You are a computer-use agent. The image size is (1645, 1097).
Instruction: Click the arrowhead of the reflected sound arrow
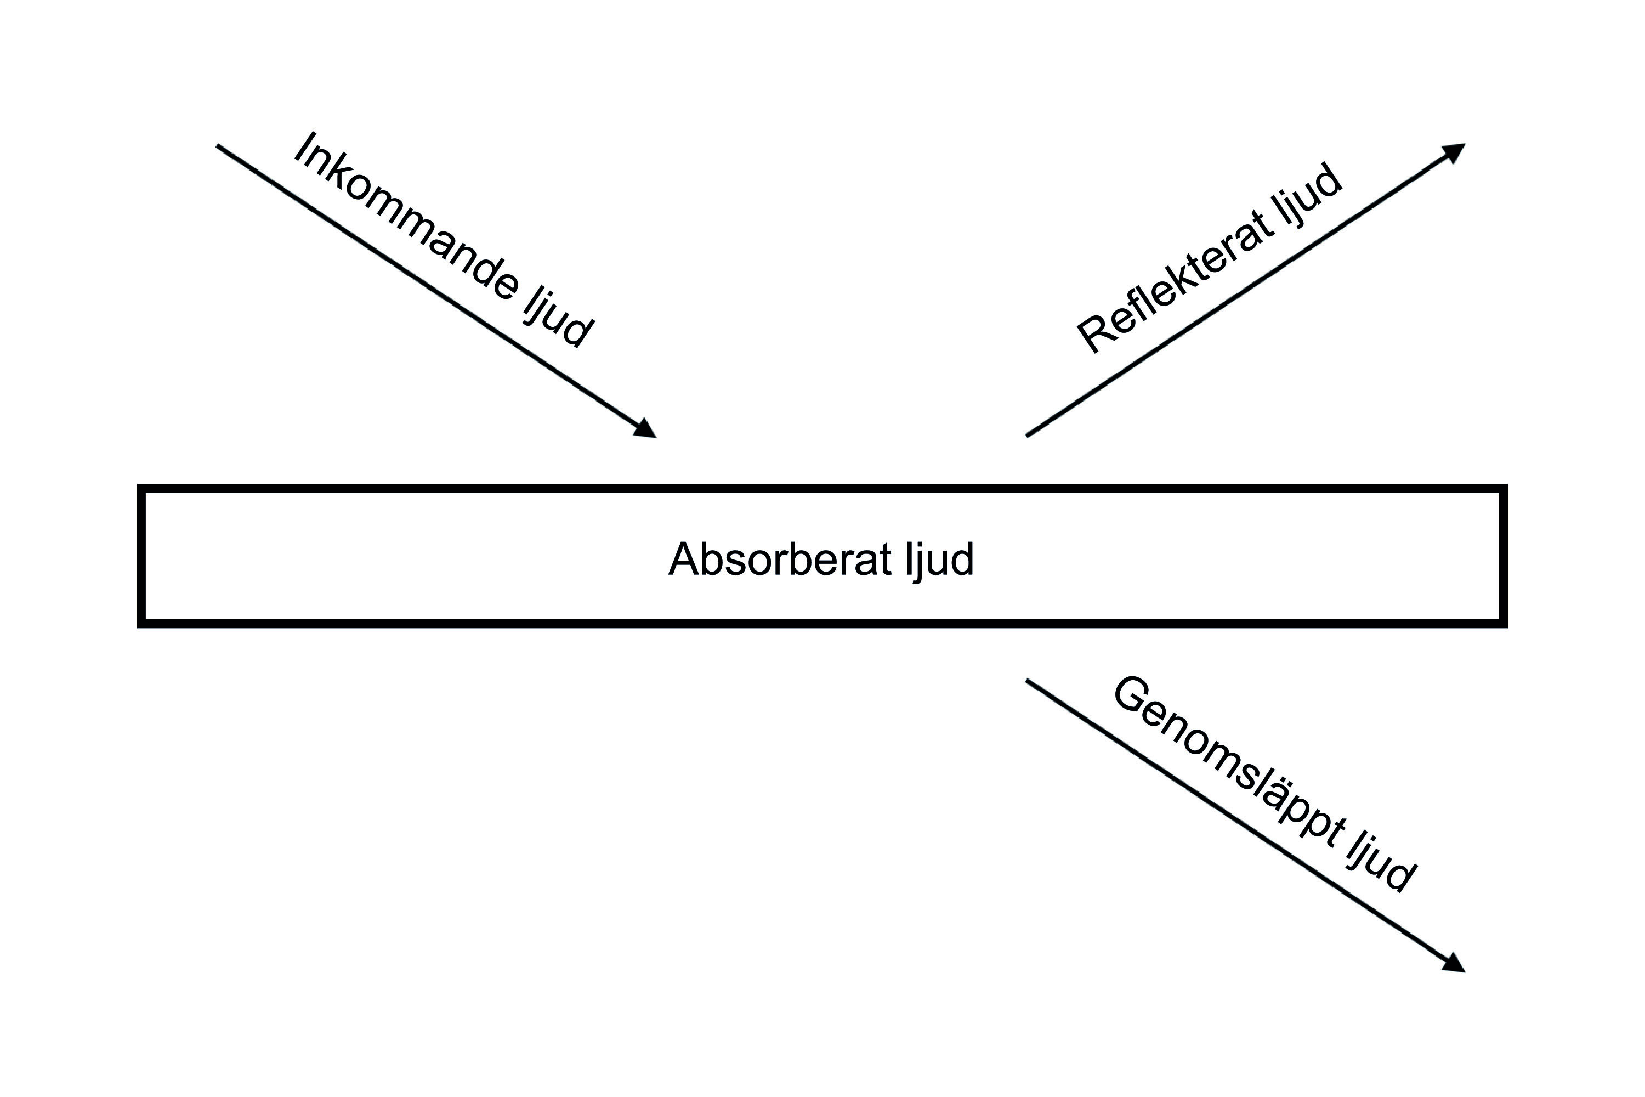tap(1454, 152)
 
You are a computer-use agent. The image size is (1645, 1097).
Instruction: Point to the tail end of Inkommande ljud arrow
tap(219, 147)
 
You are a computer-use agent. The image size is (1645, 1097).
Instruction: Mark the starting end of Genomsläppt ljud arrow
tap(1028, 681)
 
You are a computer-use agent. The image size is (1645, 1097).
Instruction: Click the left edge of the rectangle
tap(141, 556)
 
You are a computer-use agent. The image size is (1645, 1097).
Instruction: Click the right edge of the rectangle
tap(1503, 556)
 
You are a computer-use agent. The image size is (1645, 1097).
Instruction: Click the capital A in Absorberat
tap(685, 559)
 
